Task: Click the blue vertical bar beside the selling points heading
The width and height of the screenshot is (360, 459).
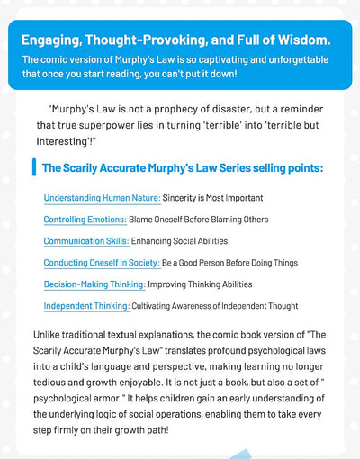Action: tap(32, 167)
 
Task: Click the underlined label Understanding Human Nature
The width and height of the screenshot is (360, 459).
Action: tap(102, 197)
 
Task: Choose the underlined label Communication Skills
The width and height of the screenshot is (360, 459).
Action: tap(85, 240)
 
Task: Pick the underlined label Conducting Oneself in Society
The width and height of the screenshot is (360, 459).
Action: tap(102, 263)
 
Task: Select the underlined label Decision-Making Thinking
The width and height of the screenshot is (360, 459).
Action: tap(94, 284)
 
